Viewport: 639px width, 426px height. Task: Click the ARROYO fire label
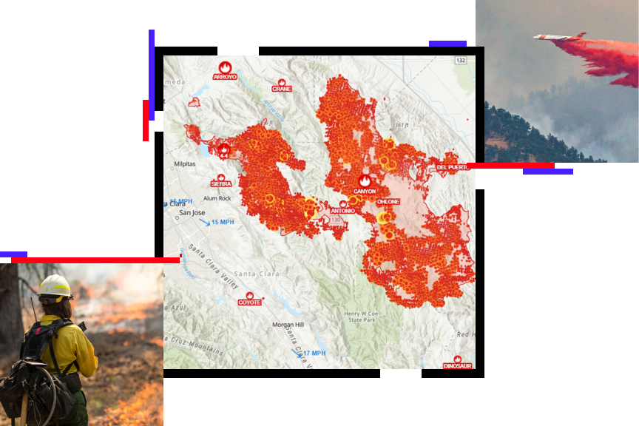(x=225, y=77)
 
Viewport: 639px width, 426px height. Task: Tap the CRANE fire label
(x=282, y=89)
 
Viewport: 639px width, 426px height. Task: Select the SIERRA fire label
(x=221, y=183)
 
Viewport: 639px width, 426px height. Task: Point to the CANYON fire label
(x=365, y=191)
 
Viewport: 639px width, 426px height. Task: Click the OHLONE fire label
(x=388, y=201)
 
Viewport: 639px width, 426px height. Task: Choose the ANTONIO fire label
(x=342, y=211)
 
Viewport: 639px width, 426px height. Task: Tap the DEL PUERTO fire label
(x=453, y=168)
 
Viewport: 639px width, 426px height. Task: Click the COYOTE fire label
(x=249, y=302)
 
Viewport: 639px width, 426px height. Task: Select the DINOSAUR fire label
(x=457, y=366)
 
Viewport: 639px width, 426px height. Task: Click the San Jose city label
(x=192, y=213)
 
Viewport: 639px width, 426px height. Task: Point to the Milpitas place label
(x=184, y=164)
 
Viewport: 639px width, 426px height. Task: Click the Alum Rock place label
(x=217, y=198)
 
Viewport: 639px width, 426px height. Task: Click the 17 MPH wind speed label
(x=314, y=354)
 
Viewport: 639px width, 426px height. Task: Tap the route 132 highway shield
(x=461, y=61)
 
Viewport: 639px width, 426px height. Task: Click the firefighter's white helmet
(x=55, y=286)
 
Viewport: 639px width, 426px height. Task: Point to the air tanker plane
(x=559, y=37)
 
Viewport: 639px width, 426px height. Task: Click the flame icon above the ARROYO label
(x=226, y=67)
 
